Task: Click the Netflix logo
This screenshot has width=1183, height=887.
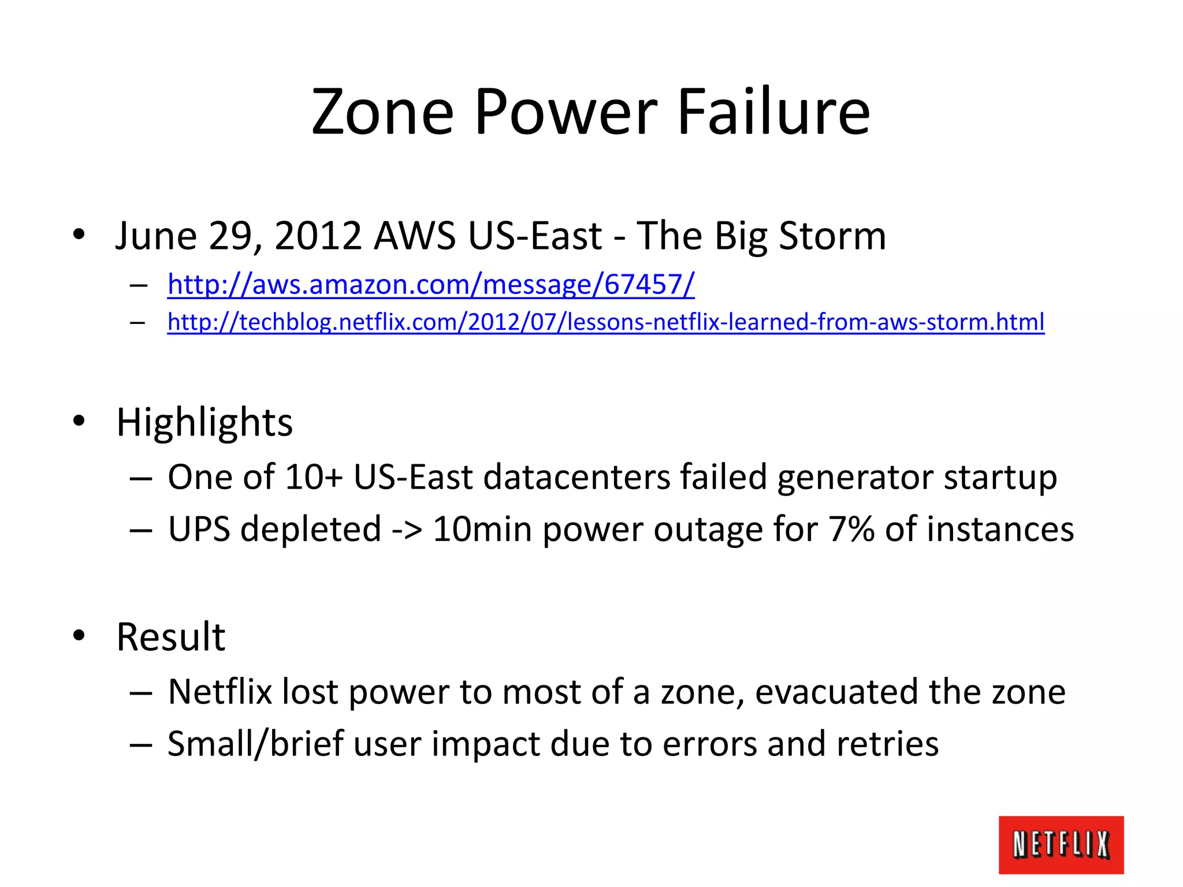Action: [1061, 844]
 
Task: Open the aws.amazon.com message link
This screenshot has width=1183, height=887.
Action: [430, 285]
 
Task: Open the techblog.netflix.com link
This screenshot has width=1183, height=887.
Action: [605, 322]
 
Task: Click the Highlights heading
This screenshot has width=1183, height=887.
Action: [204, 422]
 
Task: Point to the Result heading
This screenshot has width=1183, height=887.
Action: [170, 637]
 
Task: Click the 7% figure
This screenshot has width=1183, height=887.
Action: [851, 529]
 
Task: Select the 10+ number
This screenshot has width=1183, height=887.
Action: [314, 477]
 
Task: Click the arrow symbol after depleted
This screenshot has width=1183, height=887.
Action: [407, 530]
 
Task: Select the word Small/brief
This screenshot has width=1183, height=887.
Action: [255, 744]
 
